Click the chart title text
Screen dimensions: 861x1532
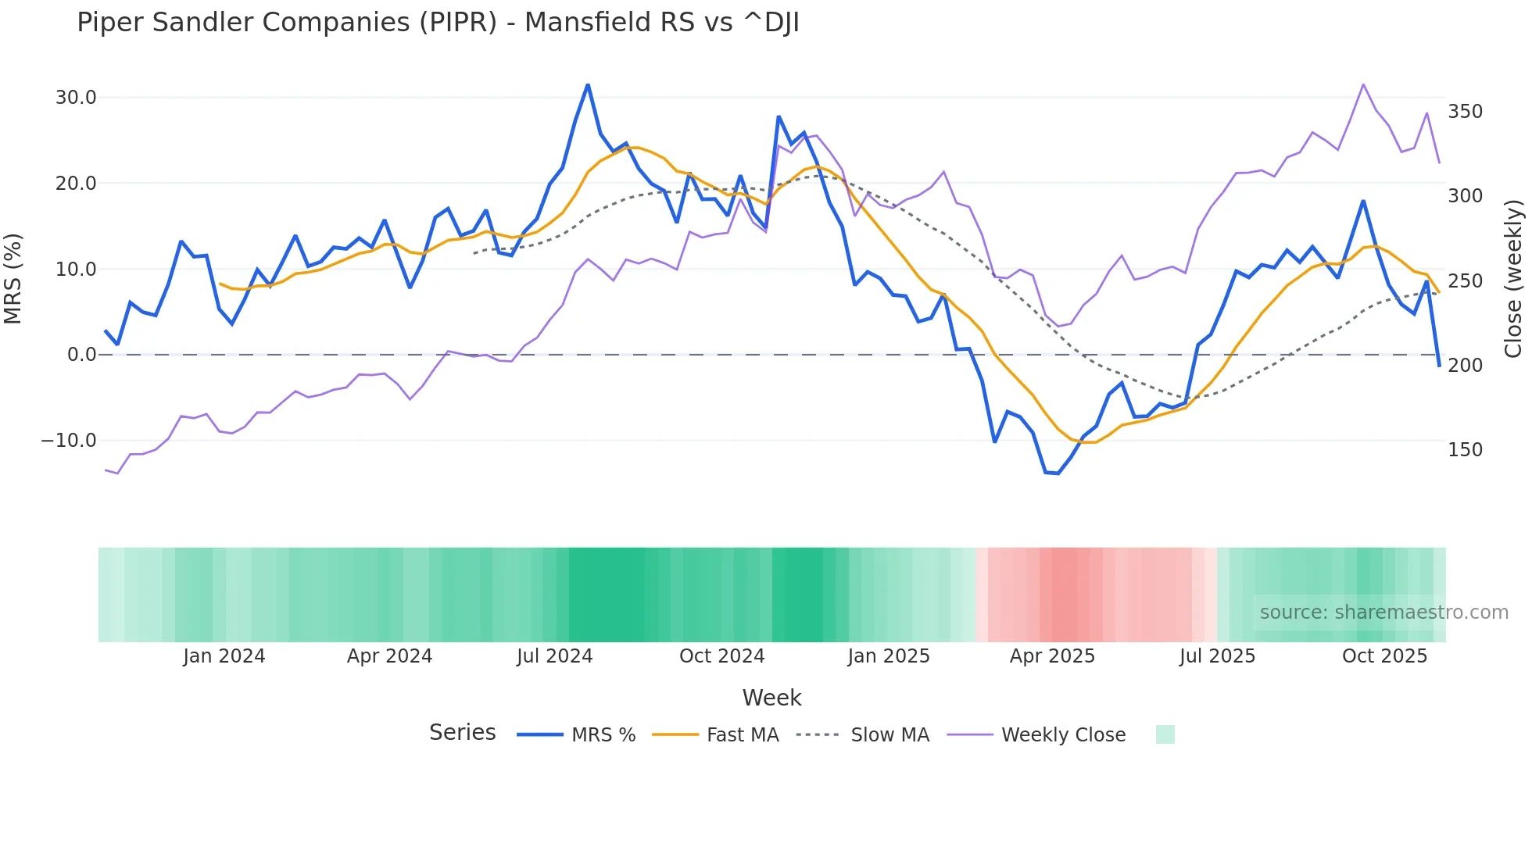click(438, 23)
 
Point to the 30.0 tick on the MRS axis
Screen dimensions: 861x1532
click(76, 98)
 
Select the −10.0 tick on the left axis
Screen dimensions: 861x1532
click(69, 441)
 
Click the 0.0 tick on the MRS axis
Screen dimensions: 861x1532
click(81, 355)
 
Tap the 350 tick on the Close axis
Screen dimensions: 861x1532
click(1465, 112)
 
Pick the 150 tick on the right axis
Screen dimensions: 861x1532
click(1465, 450)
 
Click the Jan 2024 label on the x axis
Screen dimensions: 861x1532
click(224, 656)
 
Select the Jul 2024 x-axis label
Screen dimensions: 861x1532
click(555, 656)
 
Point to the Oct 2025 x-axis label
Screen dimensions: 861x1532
click(1384, 656)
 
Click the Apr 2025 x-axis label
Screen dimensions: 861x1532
click(1052, 656)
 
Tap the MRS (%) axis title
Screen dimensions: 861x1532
click(13, 279)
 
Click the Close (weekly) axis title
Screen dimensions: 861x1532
click(1514, 279)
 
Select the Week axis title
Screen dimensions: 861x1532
click(771, 698)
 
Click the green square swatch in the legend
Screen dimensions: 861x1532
click(1165, 734)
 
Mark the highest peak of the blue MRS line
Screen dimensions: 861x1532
click(588, 84)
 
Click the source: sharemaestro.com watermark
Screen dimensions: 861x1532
click(1383, 613)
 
